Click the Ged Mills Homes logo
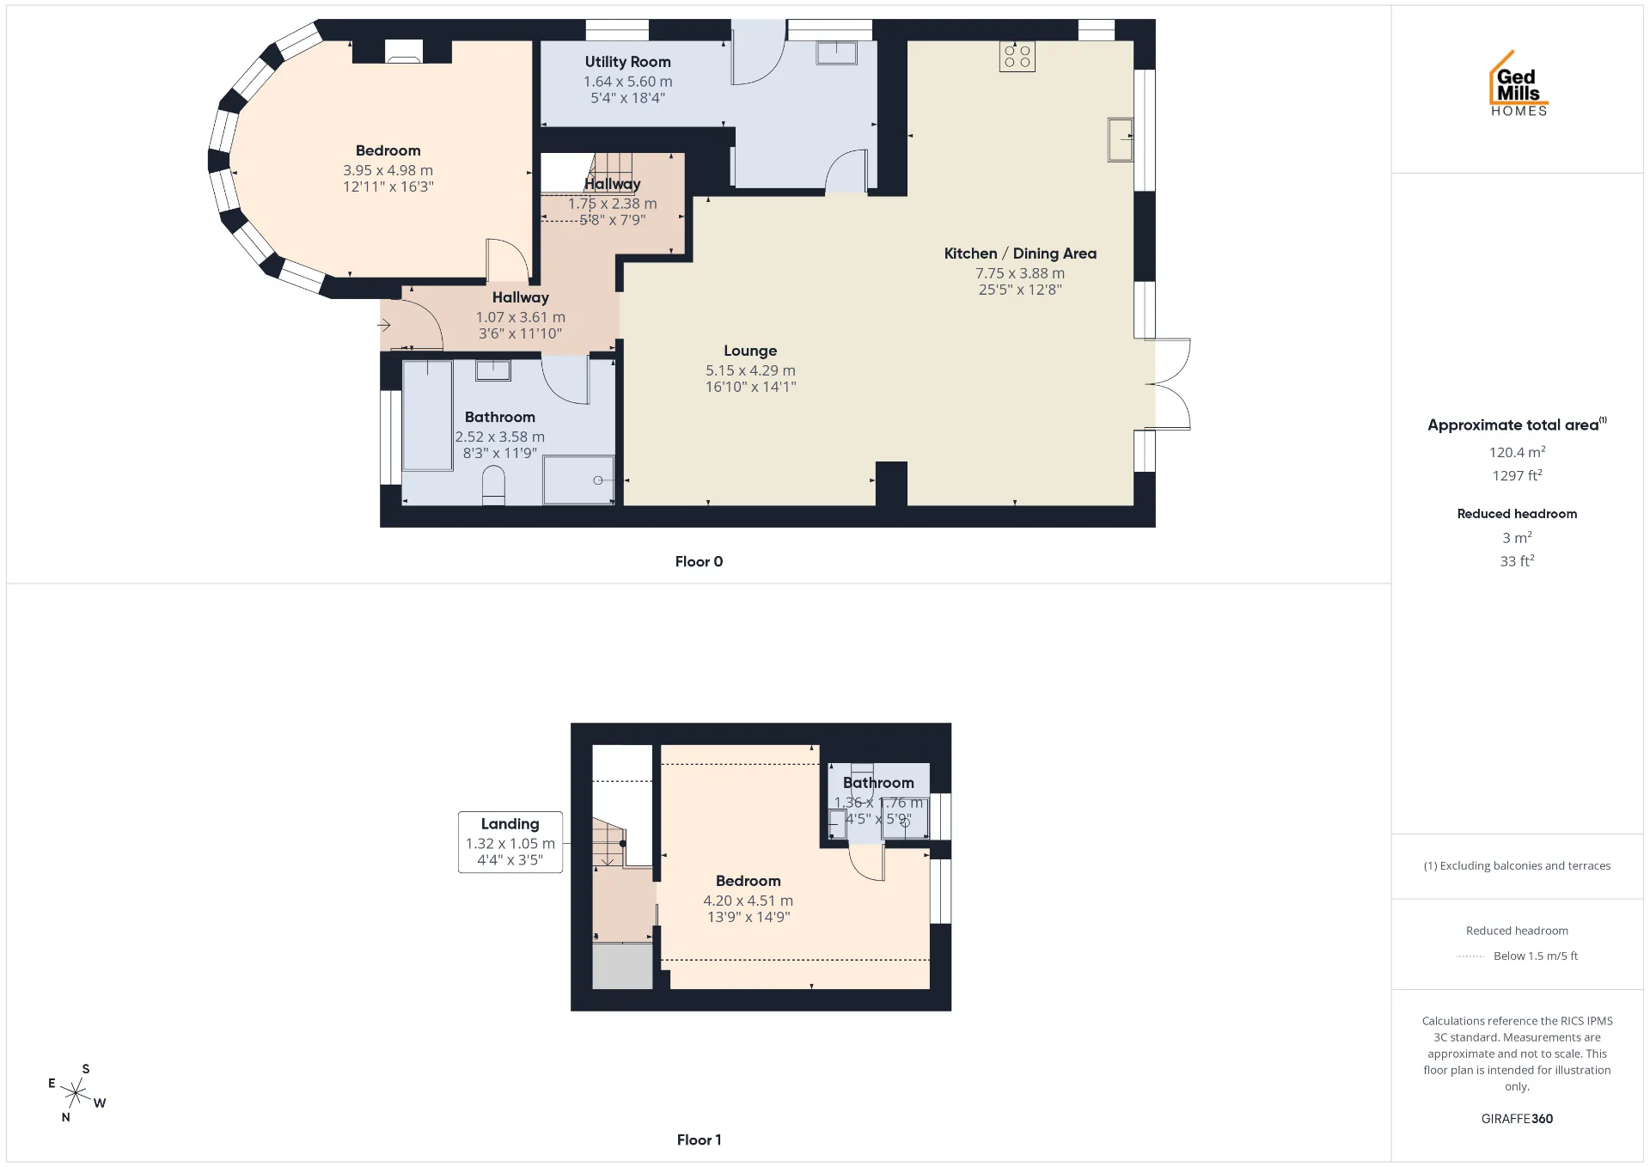(x=1519, y=83)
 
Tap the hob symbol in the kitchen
(x=1017, y=57)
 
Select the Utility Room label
(x=627, y=62)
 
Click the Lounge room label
(x=750, y=351)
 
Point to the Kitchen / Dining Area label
(x=1020, y=254)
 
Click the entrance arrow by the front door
(x=384, y=325)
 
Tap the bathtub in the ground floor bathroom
(x=428, y=416)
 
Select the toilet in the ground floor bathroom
(x=493, y=485)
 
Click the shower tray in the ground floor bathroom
(x=578, y=480)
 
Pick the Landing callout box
(x=510, y=842)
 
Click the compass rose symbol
(x=76, y=1093)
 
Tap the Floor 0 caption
(x=699, y=562)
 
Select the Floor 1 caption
(x=699, y=1140)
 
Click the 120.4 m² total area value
(x=1517, y=452)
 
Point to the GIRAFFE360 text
(x=1517, y=1119)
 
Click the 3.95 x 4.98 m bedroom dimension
(x=388, y=170)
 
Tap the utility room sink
(x=836, y=53)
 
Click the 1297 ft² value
(x=1517, y=475)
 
